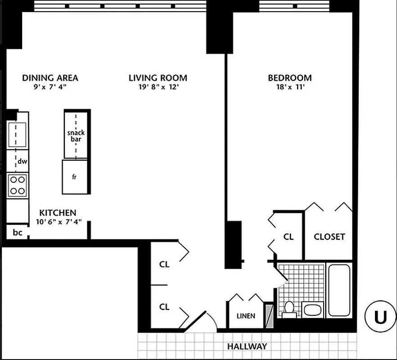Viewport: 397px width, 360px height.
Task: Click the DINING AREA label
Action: point(50,78)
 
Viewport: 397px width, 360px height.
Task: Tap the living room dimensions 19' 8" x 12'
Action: point(158,88)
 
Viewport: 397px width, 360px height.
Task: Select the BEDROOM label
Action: point(289,78)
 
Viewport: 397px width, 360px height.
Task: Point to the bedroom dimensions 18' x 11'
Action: point(289,88)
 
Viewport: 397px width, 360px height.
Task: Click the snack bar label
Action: point(76,136)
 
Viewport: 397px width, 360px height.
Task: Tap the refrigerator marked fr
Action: point(74,176)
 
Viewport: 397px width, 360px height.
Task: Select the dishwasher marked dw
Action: point(21,161)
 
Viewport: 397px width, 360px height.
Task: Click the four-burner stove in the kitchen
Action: point(18,185)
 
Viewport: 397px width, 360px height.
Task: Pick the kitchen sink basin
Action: point(18,134)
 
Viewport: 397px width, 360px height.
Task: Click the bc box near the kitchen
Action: point(18,233)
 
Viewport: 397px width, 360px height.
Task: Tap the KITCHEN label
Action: point(58,213)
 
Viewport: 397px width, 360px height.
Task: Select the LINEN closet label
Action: point(246,316)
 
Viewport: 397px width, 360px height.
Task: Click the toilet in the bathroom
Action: point(289,309)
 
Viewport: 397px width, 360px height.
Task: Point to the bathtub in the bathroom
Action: point(339,290)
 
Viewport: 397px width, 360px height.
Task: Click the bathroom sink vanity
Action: point(312,310)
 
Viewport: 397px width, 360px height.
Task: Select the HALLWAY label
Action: point(247,346)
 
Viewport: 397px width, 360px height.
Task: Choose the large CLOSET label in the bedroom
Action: point(329,237)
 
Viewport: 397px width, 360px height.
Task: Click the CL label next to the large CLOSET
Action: point(289,237)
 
